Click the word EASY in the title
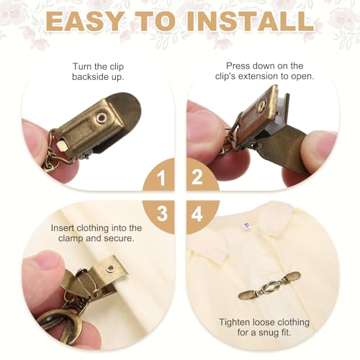pos(84,21)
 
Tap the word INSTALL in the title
pos(251,21)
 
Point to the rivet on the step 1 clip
pos(102,118)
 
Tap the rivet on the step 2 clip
pos(261,106)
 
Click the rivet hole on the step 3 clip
pos(111,268)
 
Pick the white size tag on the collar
pos(246,226)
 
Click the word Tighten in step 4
pos(234,323)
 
